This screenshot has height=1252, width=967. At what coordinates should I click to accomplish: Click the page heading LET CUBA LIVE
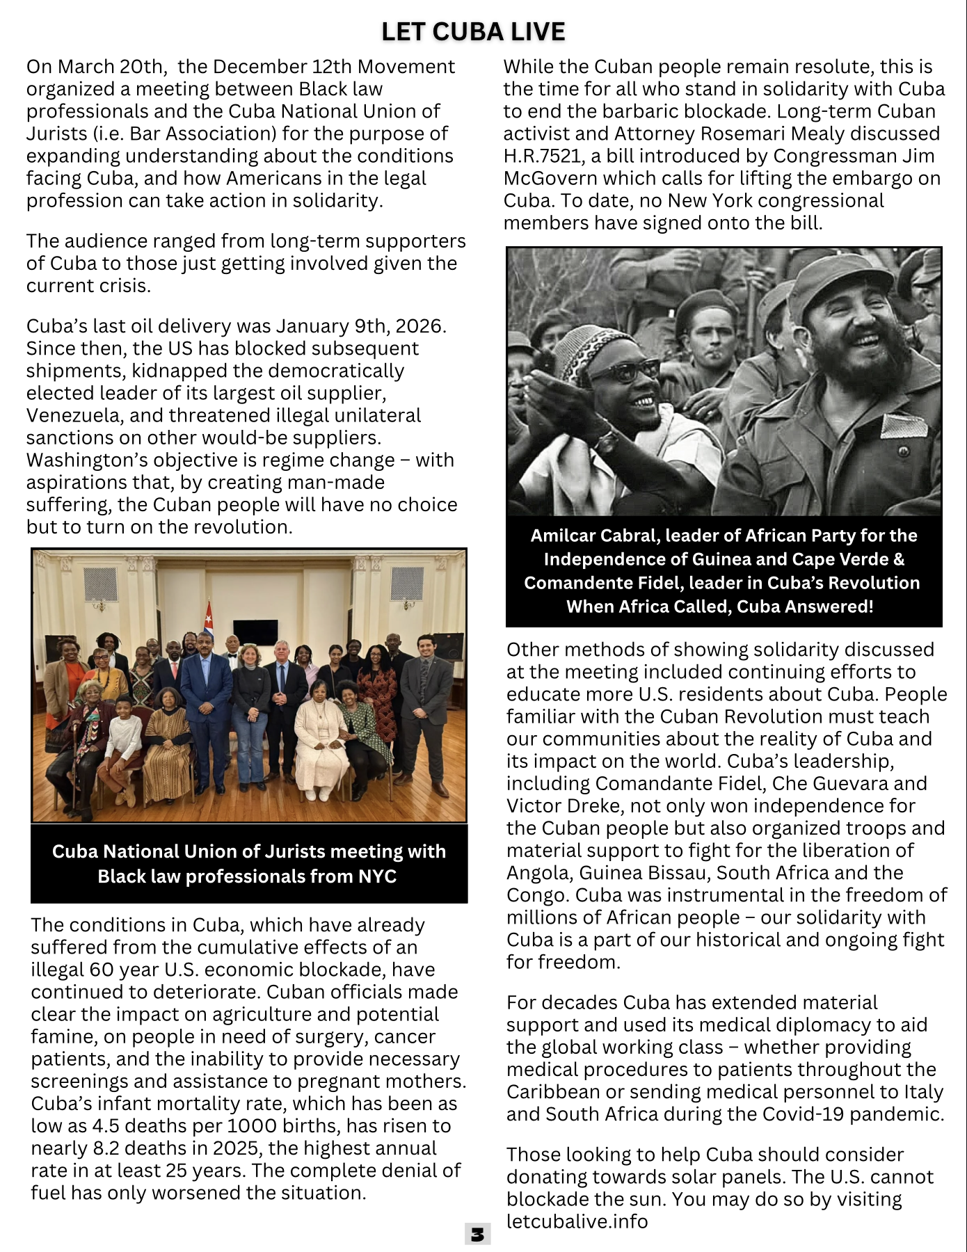(473, 32)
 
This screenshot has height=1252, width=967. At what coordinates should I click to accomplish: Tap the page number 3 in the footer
(477, 1234)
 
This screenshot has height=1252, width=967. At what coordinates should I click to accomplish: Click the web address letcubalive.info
(577, 1221)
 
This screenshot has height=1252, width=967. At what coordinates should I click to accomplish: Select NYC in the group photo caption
(377, 876)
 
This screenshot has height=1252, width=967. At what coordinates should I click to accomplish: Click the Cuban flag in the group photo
(207, 615)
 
